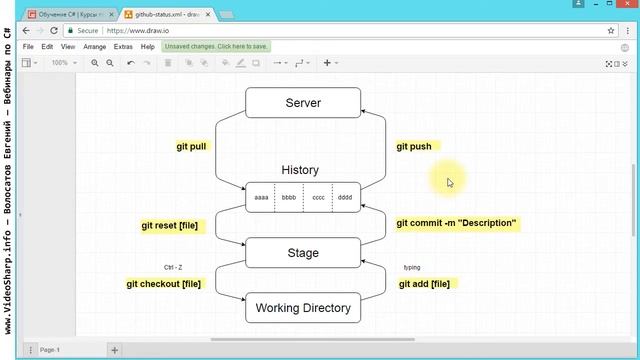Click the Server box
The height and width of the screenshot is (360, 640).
click(x=303, y=103)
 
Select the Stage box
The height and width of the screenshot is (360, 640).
click(x=303, y=253)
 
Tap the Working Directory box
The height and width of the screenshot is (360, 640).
click(x=303, y=308)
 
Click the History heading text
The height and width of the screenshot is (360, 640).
click(x=300, y=170)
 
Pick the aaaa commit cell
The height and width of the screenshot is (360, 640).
click(x=261, y=198)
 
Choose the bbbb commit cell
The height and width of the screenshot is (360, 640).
click(x=289, y=198)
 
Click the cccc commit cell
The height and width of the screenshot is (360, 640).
click(x=318, y=198)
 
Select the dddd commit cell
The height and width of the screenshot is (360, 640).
click(x=346, y=198)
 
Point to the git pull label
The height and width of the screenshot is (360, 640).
click(x=191, y=146)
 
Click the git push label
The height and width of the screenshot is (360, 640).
click(x=414, y=146)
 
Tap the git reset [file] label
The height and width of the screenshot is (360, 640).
click(x=171, y=226)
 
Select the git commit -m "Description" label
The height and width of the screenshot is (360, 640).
click(x=456, y=223)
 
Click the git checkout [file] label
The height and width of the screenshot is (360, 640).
click(x=164, y=284)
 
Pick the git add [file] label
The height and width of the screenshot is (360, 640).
click(x=424, y=284)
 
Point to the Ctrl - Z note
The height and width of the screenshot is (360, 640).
click(x=173, y=267)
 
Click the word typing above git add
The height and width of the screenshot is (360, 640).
click(x=412, y=267)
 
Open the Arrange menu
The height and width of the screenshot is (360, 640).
click(x=95, y=47)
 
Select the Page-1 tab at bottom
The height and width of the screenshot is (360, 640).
click(x=50, y=350)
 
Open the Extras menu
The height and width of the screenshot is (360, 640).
click(x=123, y=47)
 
